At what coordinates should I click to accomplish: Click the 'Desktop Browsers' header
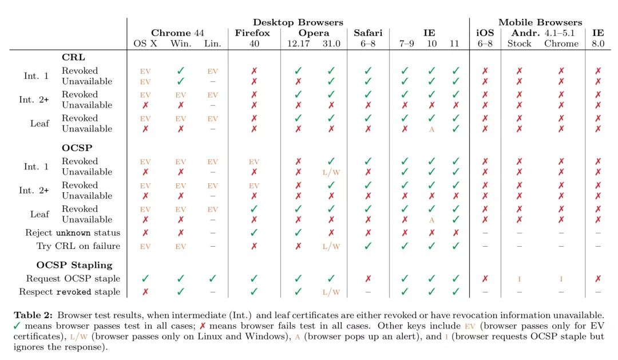click(x=298, y=22)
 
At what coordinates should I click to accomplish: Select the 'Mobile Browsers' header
click(x=540, y=22)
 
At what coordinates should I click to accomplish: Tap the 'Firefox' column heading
click(x=252, y=33)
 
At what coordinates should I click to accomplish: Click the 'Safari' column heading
click(x=368, y=33)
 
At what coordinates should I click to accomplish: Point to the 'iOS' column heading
click(x=485, y=33)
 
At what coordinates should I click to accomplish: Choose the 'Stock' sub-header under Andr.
click(x=520, y=43)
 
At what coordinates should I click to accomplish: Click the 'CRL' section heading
click(x=73, y=57)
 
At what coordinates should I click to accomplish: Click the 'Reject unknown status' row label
click(x=73, y=233)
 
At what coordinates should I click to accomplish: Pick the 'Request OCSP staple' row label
click(x=73, y=279)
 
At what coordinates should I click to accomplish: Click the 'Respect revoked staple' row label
click(x=73, y=292)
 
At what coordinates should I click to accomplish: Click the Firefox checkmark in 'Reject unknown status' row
click(x=254, y=233)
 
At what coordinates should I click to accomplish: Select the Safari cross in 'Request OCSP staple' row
click(x=368, y=279)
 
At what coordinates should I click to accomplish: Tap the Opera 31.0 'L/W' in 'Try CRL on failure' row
click(x=331, y=247)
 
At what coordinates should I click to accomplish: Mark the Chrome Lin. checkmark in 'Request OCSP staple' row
click(x=213, y=279)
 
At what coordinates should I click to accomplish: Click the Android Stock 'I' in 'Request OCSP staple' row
click(x=520, y=279)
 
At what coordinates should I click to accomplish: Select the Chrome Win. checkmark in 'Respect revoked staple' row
click(x=181, y=292)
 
